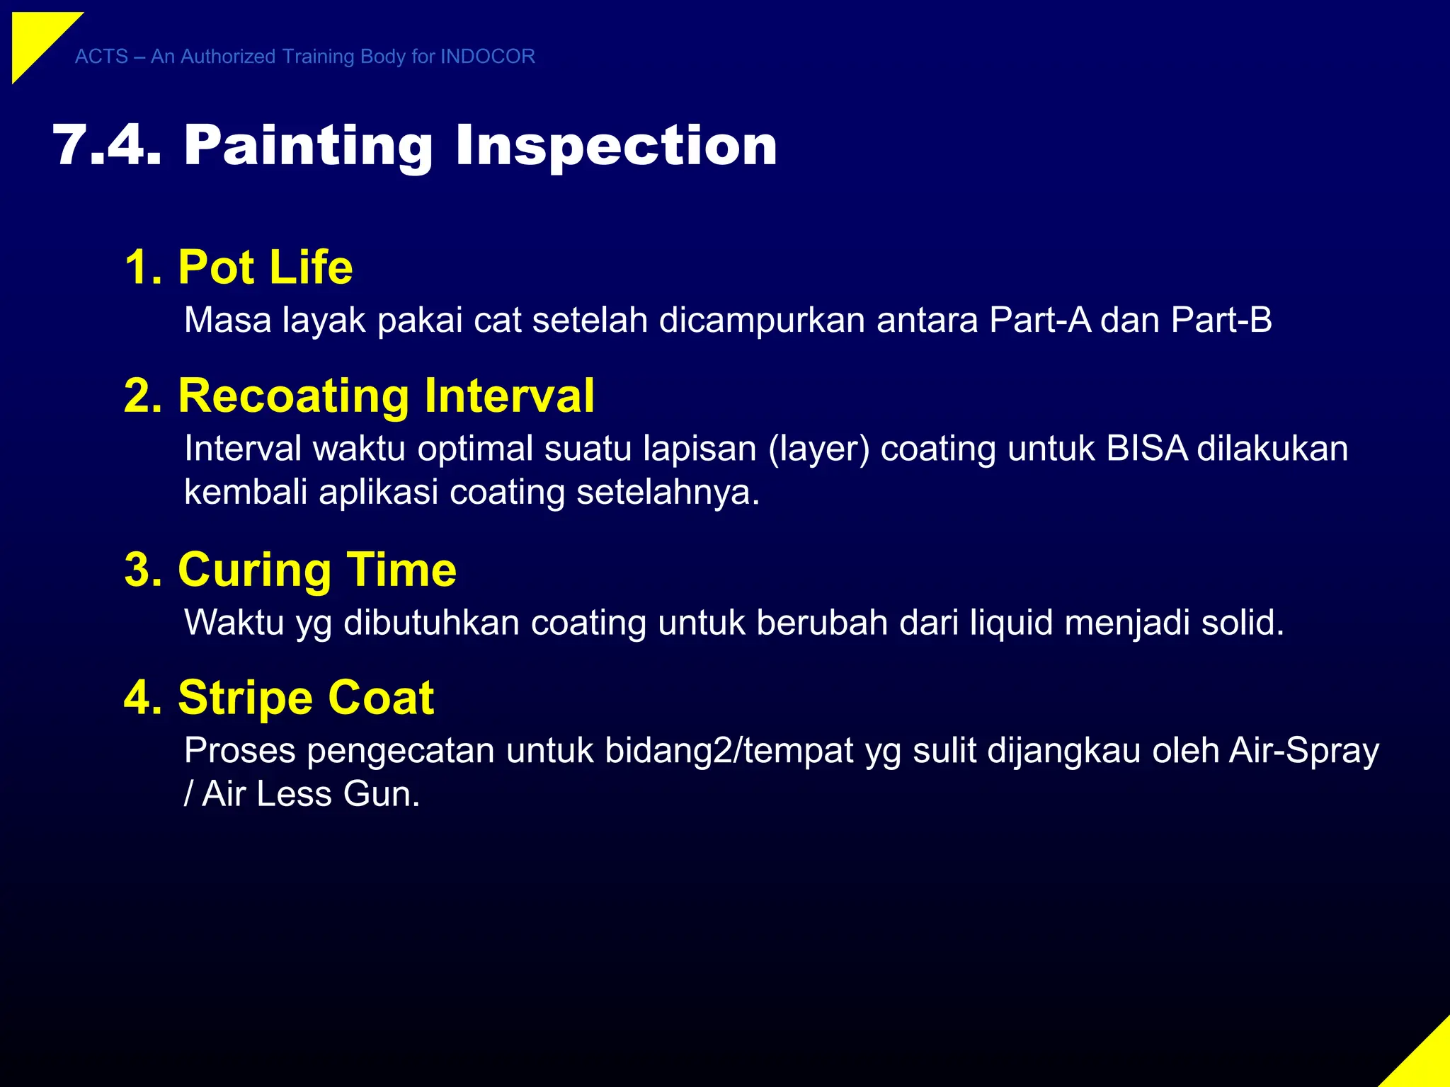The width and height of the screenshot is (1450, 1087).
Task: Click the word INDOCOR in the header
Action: (x=487, y=57)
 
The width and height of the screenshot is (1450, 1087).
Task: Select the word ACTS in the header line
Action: (x=101, y=57)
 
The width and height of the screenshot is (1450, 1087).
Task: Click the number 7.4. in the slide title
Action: (x=106, y=146)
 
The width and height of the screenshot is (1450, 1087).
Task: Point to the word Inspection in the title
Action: (x=616, y=146)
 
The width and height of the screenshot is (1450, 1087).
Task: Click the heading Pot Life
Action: (x=239, y=268)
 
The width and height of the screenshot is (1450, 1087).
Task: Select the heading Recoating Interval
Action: (x=359, y=396)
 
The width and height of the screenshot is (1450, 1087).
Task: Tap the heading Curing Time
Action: (x=290, y=570)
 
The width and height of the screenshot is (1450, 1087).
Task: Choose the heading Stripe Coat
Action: (x=279, y=698)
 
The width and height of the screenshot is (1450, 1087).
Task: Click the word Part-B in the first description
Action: (x=1221, y=320)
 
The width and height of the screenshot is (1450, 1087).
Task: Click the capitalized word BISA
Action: (x=1146, y=449)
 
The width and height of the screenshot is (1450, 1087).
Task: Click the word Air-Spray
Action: (x=1303, y=752)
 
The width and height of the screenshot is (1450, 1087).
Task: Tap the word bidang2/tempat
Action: (x=729, y=752)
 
